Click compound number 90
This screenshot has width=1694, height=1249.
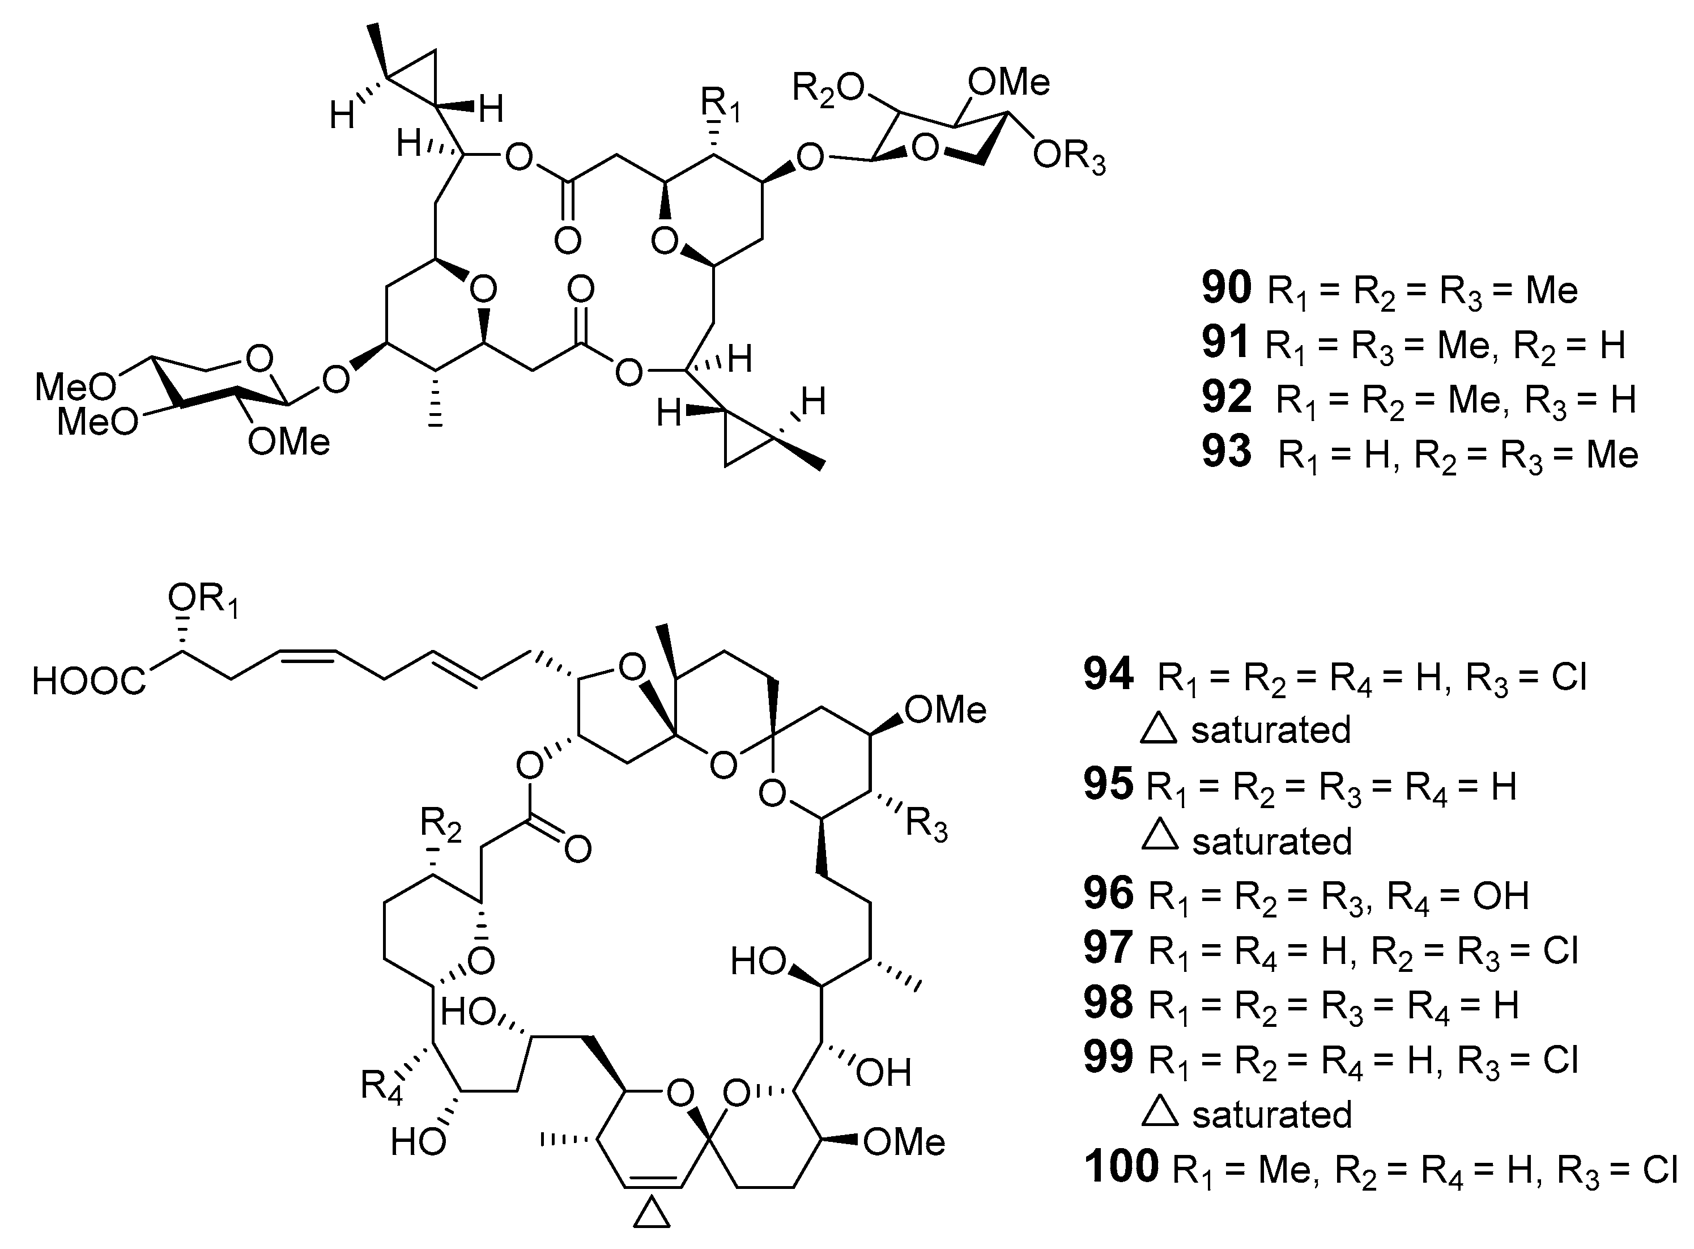(1226, 289)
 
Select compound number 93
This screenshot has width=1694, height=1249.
(1226, 452)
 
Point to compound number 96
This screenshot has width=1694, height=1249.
(1109, 893)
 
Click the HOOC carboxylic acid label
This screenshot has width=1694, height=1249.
(89, 681)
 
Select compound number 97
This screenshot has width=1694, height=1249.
(1109, 948)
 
